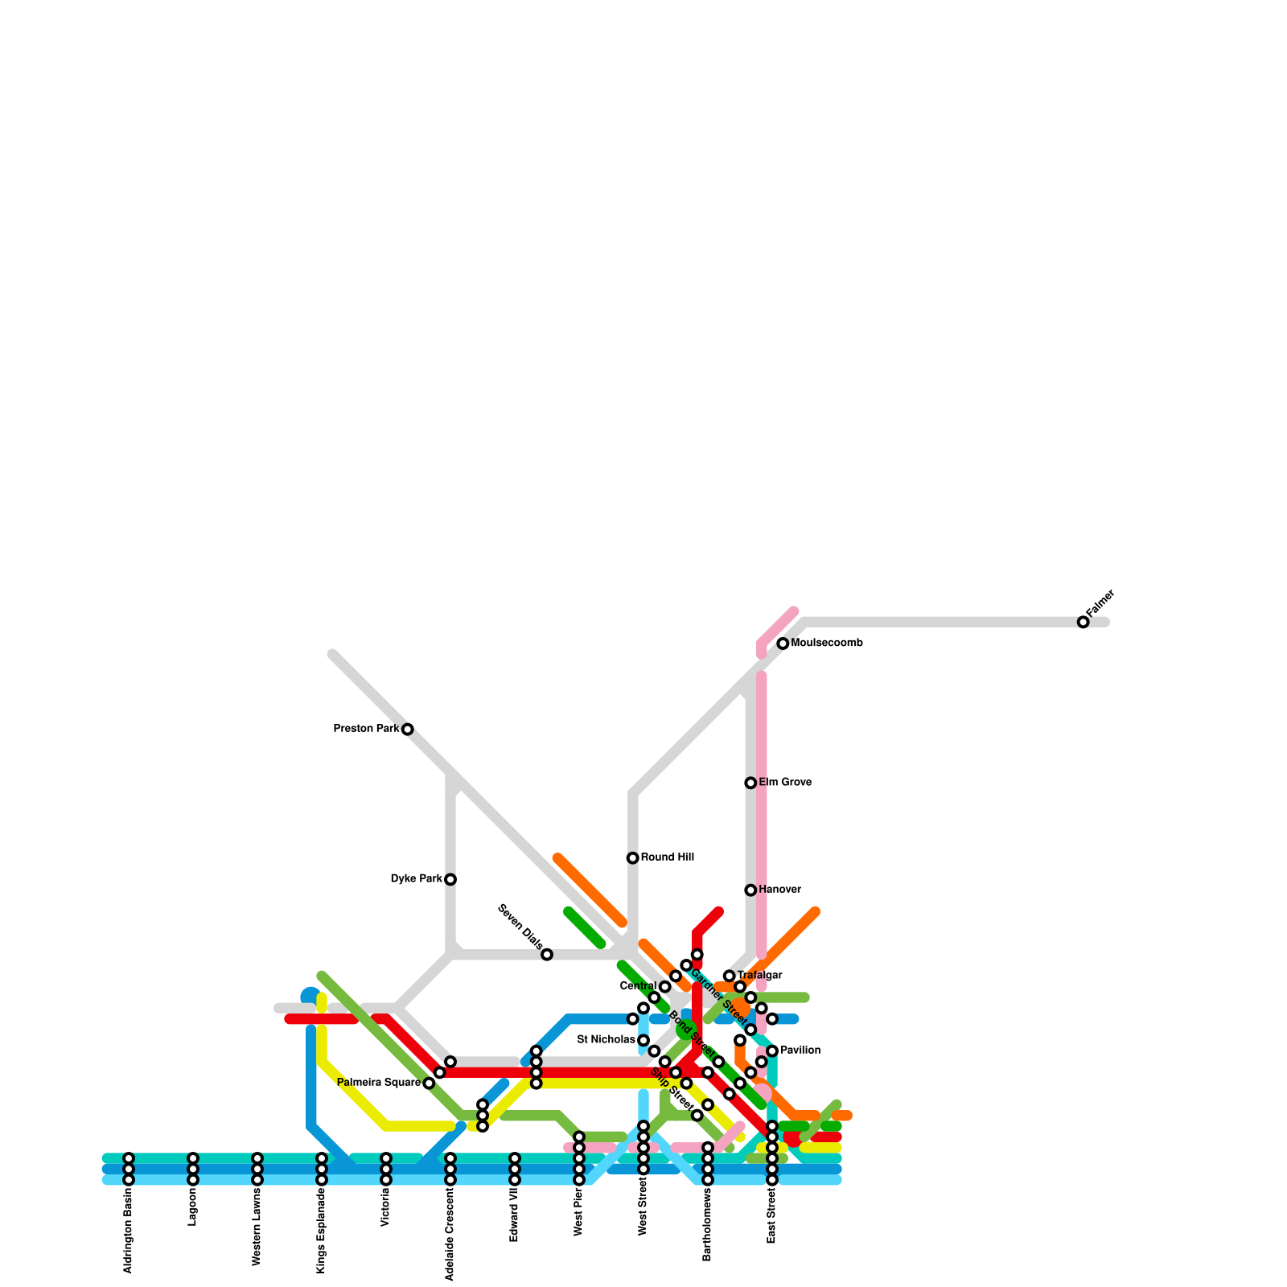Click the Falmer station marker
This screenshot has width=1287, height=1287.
tap(1083, 622)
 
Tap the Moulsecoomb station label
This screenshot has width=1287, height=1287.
tap(827, 643)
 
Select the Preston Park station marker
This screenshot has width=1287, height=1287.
tap(408, 730)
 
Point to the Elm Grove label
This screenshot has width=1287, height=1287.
tap(785, 783)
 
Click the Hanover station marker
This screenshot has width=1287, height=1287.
tap(750, 890)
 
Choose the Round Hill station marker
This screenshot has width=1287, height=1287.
tap(633, 858)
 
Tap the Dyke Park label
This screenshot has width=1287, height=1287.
tap(417, 879)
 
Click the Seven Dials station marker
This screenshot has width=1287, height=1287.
tap(547, 955)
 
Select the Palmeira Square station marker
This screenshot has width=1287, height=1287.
tap(429, 1083)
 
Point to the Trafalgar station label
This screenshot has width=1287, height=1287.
tap(760, 976)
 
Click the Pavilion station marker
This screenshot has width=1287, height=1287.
tap(772, 1051)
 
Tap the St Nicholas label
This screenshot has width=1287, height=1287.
tap(606, 1040)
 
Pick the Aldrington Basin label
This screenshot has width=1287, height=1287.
tap(129, 1230)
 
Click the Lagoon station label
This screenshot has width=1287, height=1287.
tap(193, 1207)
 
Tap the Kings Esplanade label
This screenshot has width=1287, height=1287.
tap(322, 1231)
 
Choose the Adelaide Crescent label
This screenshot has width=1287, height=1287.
tap(450, 1234)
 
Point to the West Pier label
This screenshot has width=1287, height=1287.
tap(579, 1211)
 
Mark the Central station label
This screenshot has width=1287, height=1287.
tap(639, 986)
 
